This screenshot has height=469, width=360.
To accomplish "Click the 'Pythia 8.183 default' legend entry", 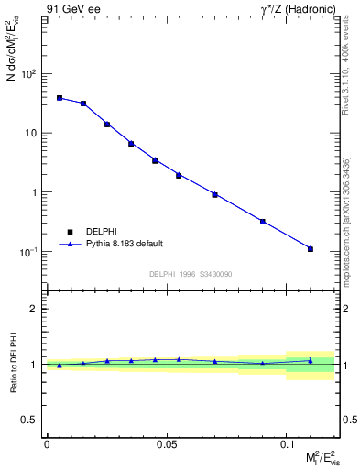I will pos(124,244).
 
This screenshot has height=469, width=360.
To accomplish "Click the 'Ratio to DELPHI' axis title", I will pos(12,364).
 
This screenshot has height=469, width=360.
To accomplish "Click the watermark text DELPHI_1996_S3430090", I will pos(190,274).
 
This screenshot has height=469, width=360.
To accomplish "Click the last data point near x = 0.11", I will pos(311,249).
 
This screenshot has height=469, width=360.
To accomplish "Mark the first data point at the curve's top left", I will pos(60,98).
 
